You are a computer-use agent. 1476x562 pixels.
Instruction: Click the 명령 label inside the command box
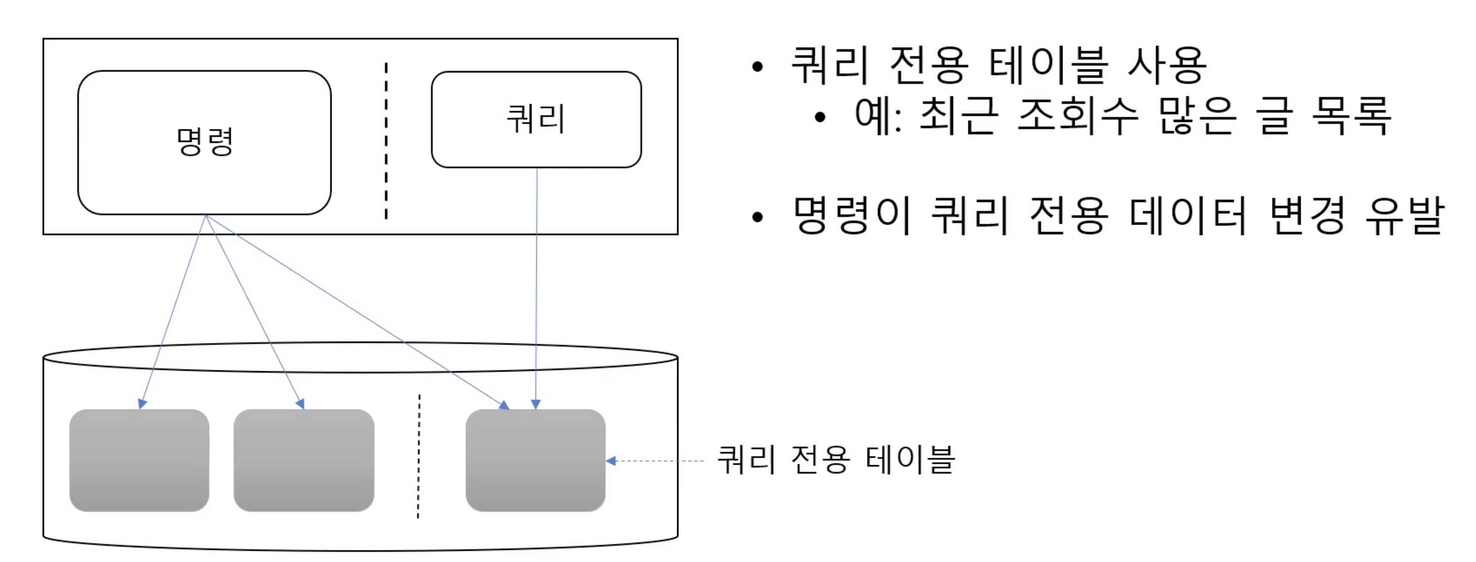204,142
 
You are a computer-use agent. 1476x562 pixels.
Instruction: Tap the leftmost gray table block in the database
139,460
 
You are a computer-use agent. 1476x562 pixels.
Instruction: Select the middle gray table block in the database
304,460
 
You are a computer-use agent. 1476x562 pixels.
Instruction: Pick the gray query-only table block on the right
535,460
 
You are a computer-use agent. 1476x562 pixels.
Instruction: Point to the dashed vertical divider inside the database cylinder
419,456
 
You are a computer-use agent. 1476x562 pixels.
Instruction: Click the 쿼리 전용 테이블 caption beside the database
835,460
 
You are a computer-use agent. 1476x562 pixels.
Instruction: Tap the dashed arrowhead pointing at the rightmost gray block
611,461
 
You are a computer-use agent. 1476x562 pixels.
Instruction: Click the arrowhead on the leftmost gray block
142,404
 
